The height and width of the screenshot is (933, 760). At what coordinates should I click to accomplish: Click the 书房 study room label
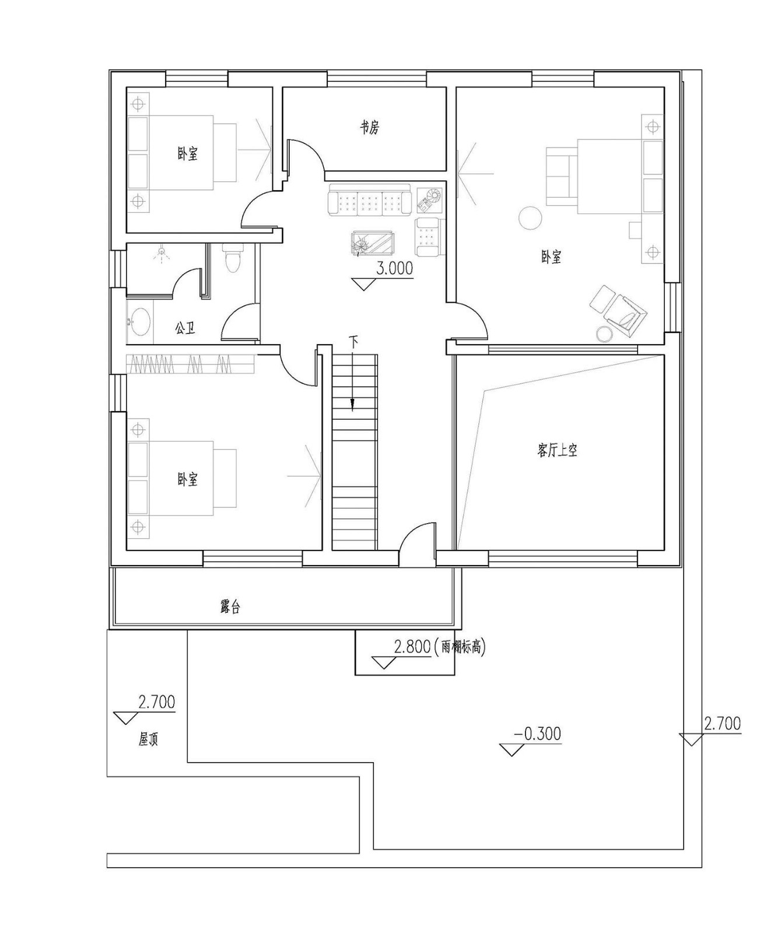[369, 128]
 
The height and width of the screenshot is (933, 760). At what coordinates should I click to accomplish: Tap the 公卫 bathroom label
[185, 328]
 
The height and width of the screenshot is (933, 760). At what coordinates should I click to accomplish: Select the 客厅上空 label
[557, 450]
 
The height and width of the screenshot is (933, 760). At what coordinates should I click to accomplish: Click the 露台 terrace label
[230, 606]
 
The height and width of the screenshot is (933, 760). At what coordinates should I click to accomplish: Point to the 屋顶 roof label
[149, 740]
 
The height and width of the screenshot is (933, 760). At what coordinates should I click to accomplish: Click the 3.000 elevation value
[395, 268]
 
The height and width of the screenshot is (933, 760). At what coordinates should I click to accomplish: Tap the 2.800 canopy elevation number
[412, 647]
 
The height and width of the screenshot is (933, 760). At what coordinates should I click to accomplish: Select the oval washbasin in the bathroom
[139, 322]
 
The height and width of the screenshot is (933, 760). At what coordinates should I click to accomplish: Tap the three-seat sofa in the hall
[370, 199]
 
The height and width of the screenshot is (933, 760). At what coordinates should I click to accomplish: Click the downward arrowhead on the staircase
[352, 405]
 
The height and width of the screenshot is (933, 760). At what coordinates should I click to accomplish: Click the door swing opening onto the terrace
[417, 539]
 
